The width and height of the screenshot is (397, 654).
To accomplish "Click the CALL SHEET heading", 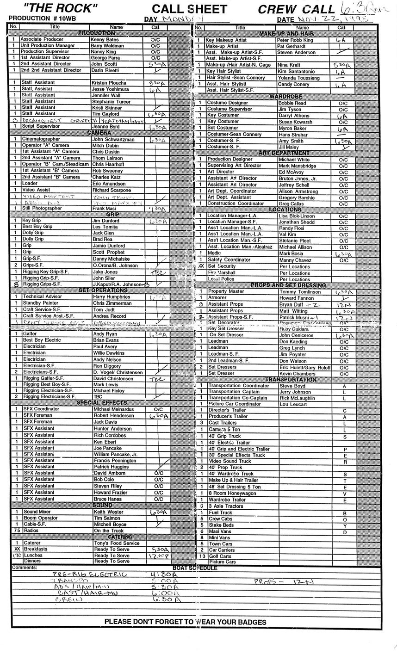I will click(x=189, y=9).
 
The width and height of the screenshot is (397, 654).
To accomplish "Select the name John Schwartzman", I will click(x=113, y=139).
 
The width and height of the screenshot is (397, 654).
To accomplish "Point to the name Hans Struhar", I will click(x=293, y=135).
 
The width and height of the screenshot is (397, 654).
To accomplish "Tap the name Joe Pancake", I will click(x=107, y=448).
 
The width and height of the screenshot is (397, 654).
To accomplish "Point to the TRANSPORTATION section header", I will click(x=291, y=380).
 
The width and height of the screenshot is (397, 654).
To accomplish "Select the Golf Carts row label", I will click(x=220, y=556).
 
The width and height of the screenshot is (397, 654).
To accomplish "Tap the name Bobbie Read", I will click(x=292, y=103).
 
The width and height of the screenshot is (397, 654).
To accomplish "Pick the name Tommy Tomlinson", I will click(x=299, y=292).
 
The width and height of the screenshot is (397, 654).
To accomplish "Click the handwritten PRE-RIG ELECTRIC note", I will click(x=89, y=574).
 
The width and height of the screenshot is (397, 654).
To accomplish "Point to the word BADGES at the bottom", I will click(x=251, y=622).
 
